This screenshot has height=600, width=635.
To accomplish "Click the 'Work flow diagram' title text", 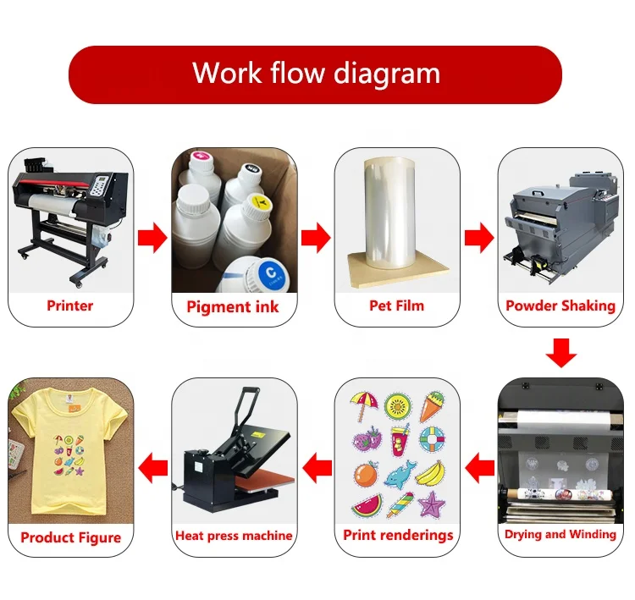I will pos(316,74).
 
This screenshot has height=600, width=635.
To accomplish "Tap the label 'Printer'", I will pos(70,306).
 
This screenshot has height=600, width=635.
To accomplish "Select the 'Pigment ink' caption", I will pos(233,306).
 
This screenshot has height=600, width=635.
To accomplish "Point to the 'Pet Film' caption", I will pos(396,306).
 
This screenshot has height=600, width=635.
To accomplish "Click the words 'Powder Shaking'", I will pos(560,306).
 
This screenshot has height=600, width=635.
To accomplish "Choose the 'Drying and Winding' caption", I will pos(560,534).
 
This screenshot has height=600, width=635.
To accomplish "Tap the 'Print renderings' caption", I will pos(397,535).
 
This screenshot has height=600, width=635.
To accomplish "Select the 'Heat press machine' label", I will pos(234,536).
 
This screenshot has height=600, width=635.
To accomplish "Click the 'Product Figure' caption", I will pos(71,537).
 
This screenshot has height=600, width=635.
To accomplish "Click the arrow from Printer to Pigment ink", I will pos(152,239).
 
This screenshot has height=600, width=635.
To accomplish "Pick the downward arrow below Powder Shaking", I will pos(560,352).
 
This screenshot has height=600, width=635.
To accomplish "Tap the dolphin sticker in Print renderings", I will pos(401,476).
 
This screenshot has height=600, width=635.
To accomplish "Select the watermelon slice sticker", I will pos(367,506).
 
